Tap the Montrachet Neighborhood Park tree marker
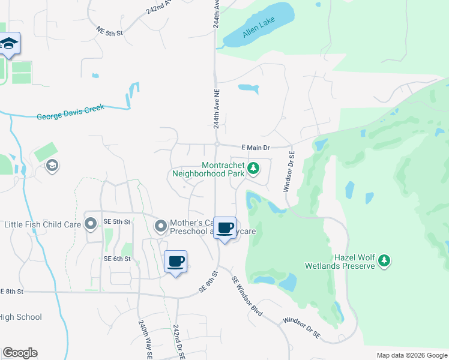254,169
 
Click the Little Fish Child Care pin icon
91,224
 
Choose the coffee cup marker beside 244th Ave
224,229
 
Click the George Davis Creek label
70,112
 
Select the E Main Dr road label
256,147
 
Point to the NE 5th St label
109,32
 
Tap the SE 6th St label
117,259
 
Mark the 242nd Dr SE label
178,342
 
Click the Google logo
20,353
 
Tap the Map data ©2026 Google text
412,355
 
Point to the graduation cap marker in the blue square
9,44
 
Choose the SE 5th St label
117,221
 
